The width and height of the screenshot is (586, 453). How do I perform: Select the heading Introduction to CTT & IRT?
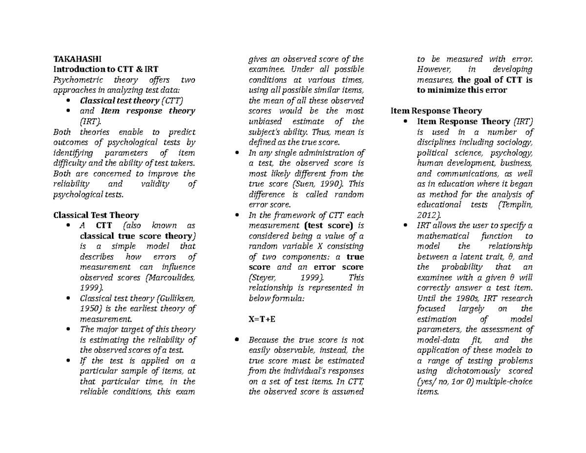click(x=105, y=69)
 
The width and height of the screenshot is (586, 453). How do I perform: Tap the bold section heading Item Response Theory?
click(x=436, y=111)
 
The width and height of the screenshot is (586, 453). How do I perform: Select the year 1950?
click(x=90, y=308)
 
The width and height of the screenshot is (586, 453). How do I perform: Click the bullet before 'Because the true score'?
click(x=237, y=340)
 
